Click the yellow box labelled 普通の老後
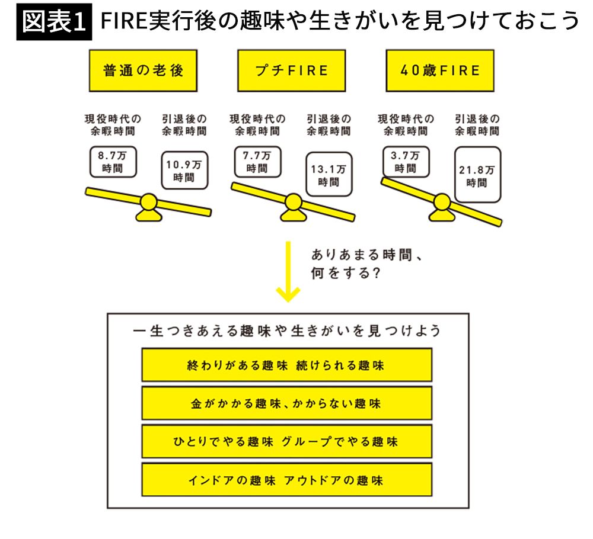click(143, 70)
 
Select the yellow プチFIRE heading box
click(291, 70)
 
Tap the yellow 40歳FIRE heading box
click(439, 70)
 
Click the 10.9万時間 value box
click(184, 171)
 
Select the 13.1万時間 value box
click(329, 176)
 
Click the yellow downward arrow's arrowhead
click(288, 293)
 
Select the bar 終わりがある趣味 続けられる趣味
click(286, 365)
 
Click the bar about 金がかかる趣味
click(286, 403)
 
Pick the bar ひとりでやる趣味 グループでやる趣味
click(286, 442)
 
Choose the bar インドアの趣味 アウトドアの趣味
click(286, 480)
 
